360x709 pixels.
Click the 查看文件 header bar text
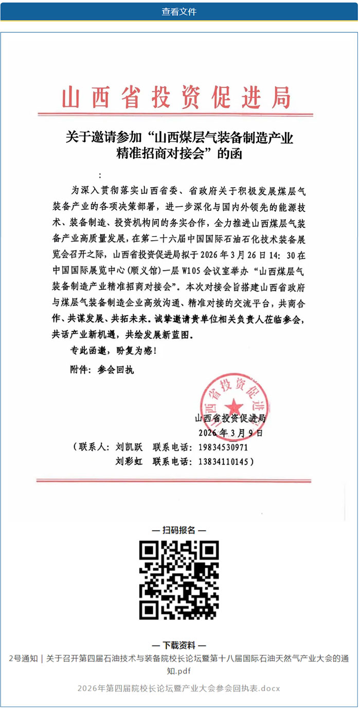[x=179, y=11]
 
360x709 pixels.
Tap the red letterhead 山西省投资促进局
[x=176, y=97]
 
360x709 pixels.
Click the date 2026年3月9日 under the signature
[x=230, y=432]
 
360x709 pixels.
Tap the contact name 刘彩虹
[x=130, y=462]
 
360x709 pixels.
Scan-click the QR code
[x=179, y=580]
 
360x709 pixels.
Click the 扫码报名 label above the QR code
[x=179, y=530]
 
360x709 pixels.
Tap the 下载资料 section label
[x=179, y=645]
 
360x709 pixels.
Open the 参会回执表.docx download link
[x=179, y=688]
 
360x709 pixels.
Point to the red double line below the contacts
[x=174, y=481]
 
